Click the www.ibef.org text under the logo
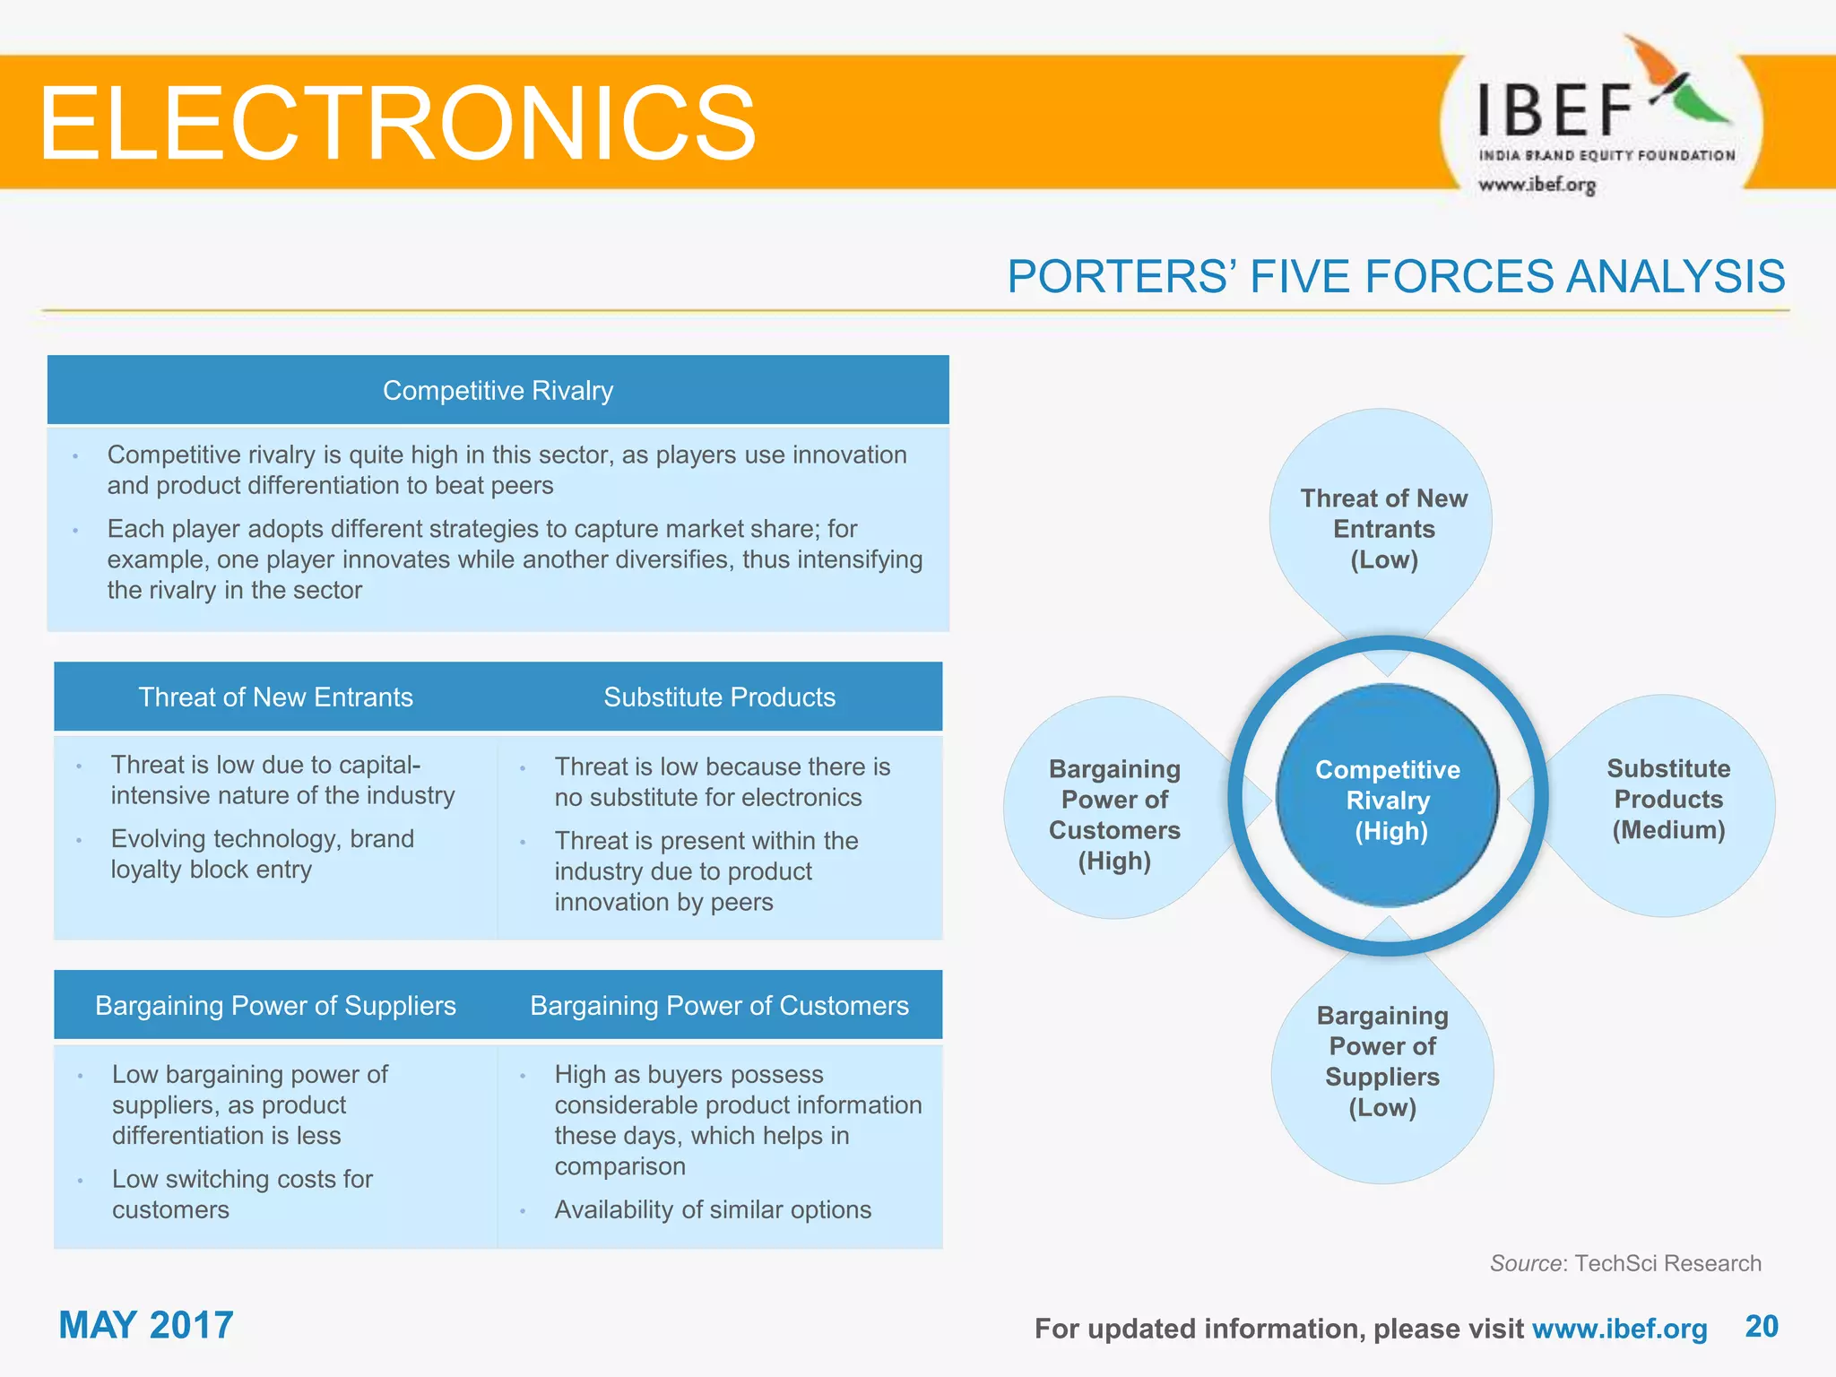tap(1537, 185)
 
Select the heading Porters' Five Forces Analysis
tap(1396, 276)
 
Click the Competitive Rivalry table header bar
tap(498, 390)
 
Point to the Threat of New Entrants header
tap(275, 697)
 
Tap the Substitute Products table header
tap(719, 697)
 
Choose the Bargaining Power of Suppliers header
tap(275, 1005)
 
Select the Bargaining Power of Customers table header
tap(719, 1005)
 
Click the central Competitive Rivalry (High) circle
tap(1388, 799)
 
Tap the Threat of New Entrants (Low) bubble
tap(1383, 528)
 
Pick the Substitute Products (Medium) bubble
tap(1667, 799)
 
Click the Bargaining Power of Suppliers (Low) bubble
tap(1382, 1062)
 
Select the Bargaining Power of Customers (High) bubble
tap(1114, 814)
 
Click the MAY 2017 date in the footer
tap(146, 1325)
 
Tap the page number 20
tap(1762, 1326)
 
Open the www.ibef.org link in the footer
tap(1619, 1329)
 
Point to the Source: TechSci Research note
tap(1624, 1263)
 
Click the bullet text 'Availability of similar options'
tap(713, 1209)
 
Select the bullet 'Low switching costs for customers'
tap(242, 1194)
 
